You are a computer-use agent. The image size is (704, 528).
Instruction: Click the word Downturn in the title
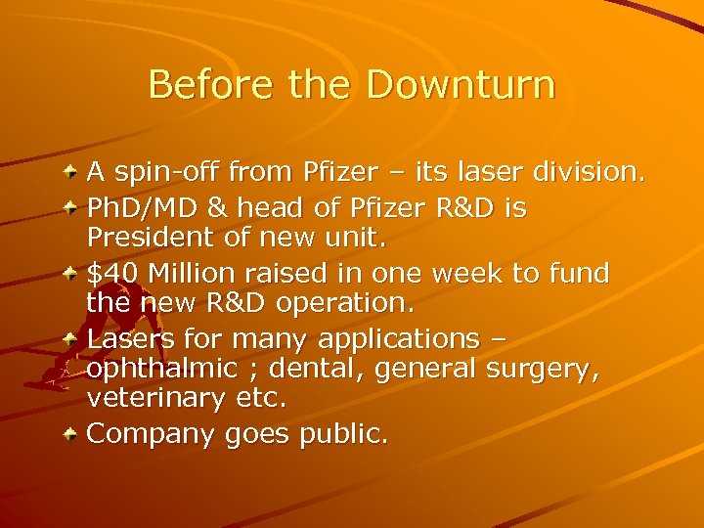tap(461, 85)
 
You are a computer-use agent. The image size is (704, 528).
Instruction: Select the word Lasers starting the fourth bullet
tap(126, 338)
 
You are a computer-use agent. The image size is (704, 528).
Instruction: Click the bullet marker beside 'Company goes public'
tap(72, 433)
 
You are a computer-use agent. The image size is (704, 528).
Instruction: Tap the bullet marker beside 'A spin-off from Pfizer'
tap(72, 173)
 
